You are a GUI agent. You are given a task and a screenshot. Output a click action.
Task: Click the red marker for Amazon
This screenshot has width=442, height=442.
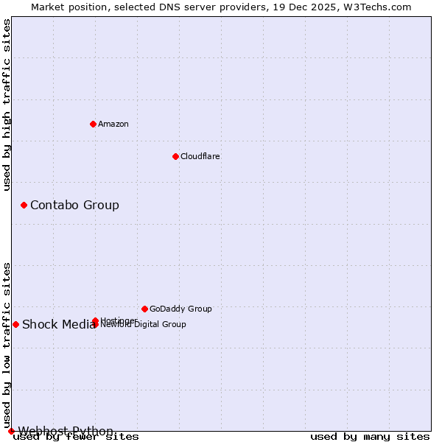point(93,124)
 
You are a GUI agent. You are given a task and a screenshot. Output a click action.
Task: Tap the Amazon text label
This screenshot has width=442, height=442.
point(113,124)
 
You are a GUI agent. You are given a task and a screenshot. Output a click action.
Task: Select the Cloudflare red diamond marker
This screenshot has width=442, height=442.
point(175,156)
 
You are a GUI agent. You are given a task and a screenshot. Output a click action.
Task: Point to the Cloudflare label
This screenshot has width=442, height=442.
point(200,156)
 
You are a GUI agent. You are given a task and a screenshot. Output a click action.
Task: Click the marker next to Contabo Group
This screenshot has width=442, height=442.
point(24,205)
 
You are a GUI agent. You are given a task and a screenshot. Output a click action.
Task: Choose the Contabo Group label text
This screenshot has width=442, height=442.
point(74,205)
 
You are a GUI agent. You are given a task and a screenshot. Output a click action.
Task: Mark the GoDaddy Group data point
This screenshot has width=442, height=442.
point(144,309)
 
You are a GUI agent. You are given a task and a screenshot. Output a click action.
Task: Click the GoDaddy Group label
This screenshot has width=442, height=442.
point(180,309)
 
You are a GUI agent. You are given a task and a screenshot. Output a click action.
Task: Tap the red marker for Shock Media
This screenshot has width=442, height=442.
point(15,324)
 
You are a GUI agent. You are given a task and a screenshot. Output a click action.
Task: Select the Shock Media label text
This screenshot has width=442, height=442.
point(57,325)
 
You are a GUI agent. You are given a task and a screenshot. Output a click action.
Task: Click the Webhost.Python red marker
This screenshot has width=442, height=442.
point(11,431)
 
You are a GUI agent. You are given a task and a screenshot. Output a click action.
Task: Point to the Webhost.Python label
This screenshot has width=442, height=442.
point(66,431)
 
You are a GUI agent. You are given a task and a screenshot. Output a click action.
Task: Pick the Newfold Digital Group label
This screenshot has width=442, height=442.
point(144,325)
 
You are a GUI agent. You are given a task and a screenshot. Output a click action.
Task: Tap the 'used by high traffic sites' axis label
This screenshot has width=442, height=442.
point(7,105)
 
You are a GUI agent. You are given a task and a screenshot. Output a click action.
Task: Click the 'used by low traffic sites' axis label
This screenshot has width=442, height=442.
point(7,345)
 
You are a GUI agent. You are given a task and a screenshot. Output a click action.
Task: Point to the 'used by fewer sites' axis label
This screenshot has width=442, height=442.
point(76,437)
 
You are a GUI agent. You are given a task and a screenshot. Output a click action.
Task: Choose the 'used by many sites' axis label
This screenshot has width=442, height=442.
point(370,437)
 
